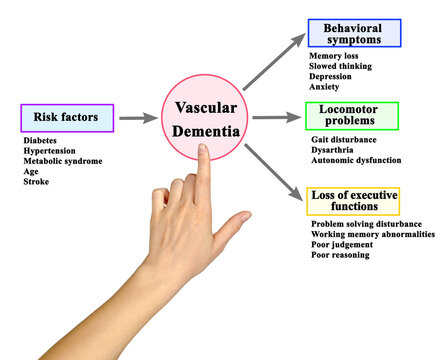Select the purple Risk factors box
66,118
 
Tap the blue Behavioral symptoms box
354,33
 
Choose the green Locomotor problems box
353,116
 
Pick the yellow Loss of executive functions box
353,200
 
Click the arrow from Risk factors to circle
137,118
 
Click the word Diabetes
40,141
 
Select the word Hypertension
47,151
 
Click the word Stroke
36,183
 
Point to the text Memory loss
333,56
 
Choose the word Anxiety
325,87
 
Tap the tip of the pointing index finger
203,150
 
